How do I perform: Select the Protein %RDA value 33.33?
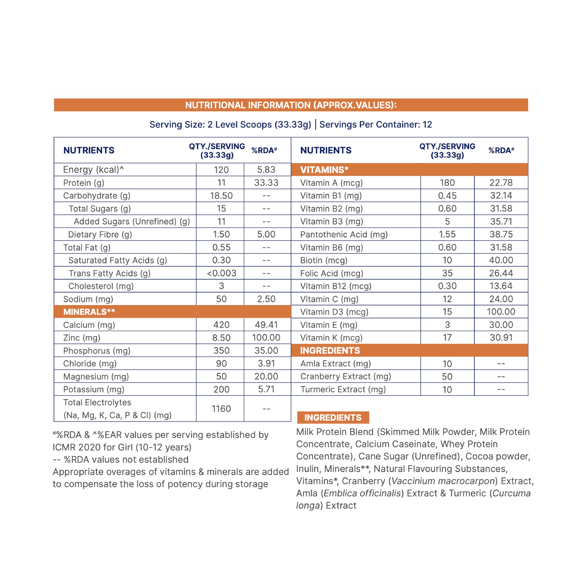point(266,183)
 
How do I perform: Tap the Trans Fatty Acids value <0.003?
point(221,273)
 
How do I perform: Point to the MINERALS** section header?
point(89,312)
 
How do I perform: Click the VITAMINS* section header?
point(324,170)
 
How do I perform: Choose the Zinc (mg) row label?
point(81,338)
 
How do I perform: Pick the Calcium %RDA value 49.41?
point(266,325)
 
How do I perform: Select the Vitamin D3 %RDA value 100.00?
point(501,312)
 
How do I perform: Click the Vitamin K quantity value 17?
point(447,338)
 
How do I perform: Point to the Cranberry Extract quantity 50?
point(447,377)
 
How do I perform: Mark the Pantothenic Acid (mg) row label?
point(344,235)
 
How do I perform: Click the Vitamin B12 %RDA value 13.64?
point(501,286)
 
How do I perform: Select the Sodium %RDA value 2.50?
point(266,299)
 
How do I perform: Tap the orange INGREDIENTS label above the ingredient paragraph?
point(333,418)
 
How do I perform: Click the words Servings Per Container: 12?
point(376,125)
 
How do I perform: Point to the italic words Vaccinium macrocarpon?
point(443,481)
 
